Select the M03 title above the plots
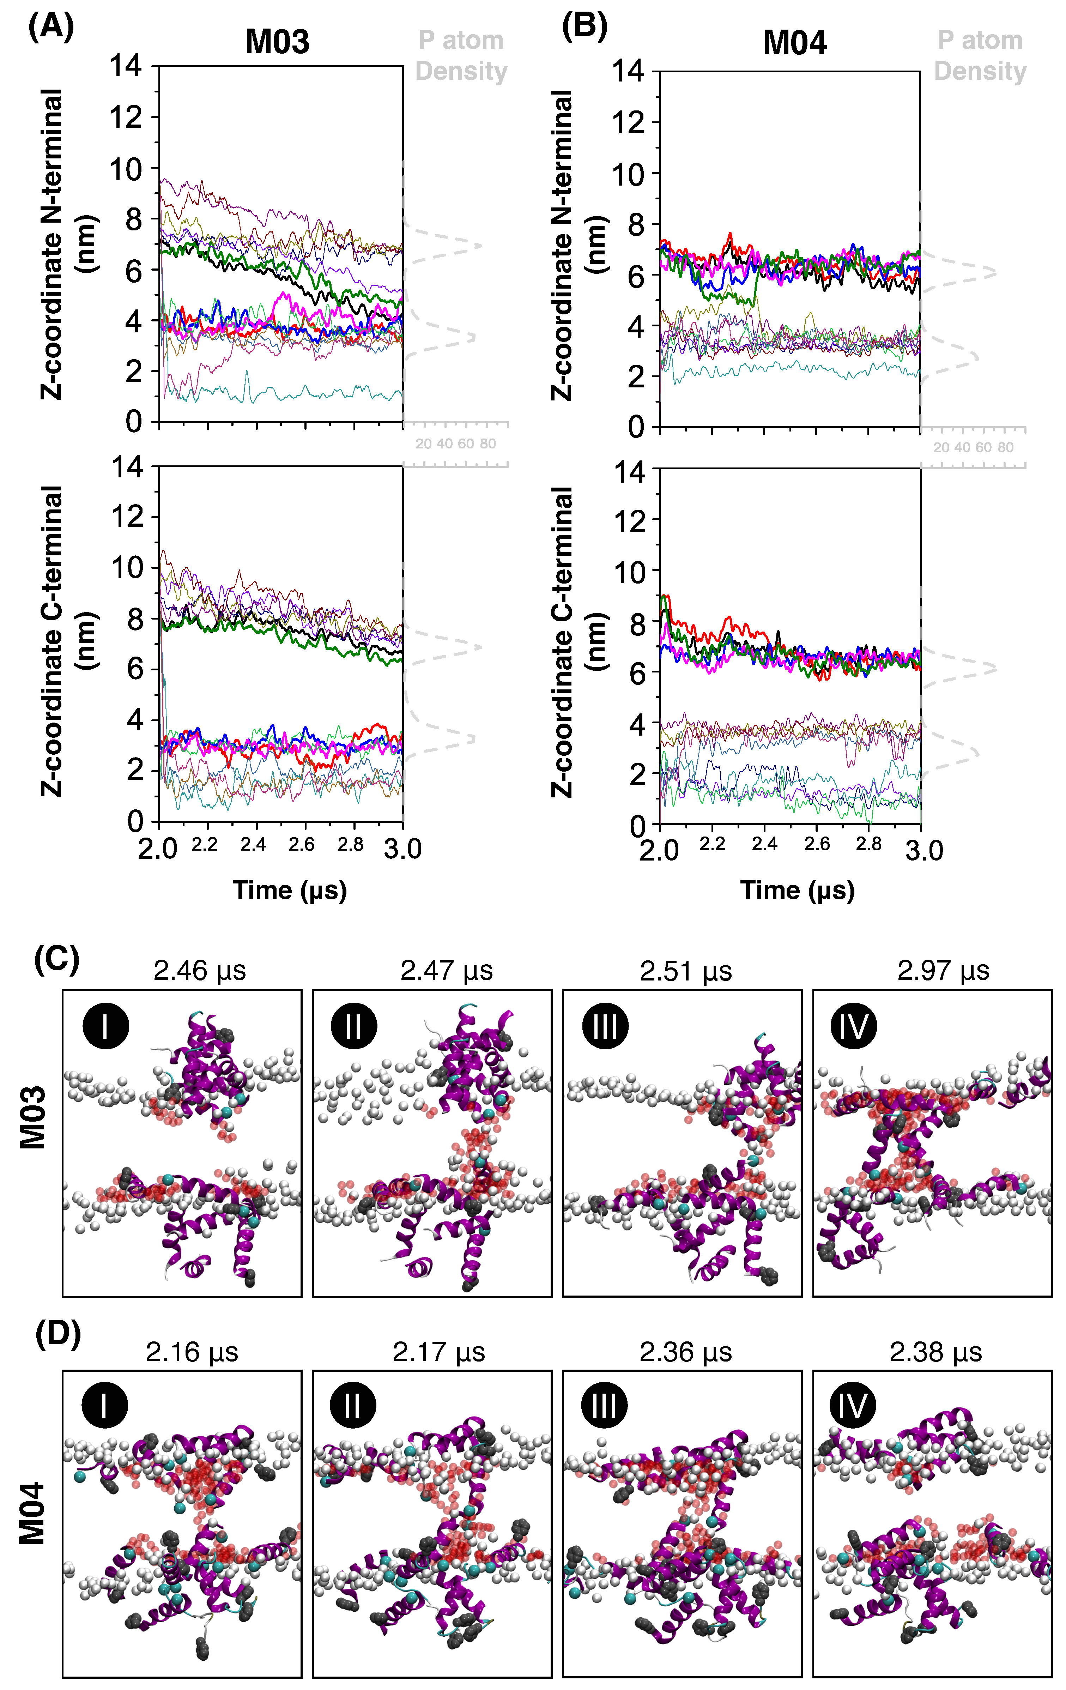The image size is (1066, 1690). coord(277,42)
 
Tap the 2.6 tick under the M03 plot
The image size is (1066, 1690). coord(301,844)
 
